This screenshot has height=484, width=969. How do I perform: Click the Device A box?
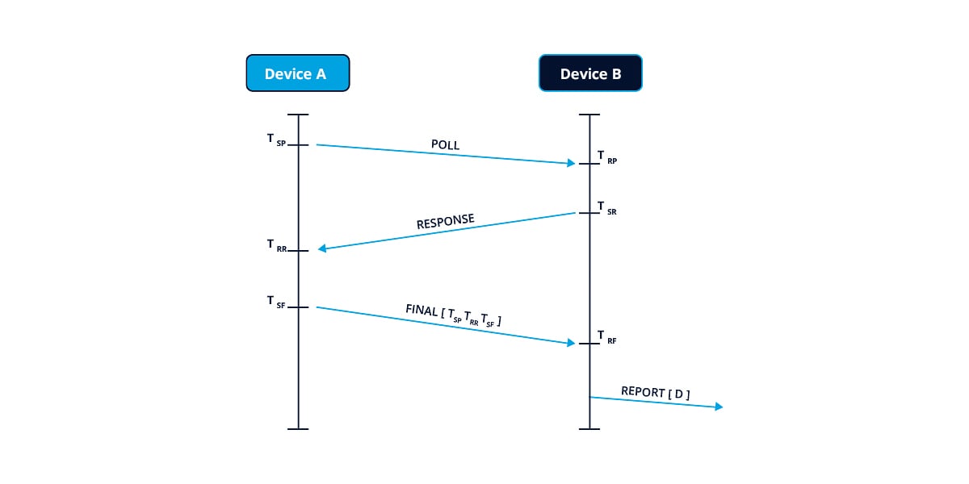point(297,73)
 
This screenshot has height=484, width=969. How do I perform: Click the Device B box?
point(590,73)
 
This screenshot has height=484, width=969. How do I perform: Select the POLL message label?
point(445,145)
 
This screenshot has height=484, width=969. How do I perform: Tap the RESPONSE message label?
point(445,222)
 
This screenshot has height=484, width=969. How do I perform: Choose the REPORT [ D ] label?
point(655,393)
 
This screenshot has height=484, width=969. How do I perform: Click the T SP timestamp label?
point(276,140)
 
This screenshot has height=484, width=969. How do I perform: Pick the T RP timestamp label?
point(607,156)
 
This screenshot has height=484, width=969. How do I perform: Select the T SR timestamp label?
point(607,207)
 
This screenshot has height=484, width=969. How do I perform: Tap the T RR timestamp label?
point(276,245)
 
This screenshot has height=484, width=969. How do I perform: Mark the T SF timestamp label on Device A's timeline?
point(276,302)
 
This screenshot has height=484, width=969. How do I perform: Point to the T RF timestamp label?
point(607,336)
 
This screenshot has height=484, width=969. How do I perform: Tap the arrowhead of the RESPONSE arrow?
point(322,248)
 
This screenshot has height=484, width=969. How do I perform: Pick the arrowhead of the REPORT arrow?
point(718,407)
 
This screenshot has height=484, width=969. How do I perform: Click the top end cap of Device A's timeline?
point(298,115)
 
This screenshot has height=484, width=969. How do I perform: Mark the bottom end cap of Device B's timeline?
point(589,428)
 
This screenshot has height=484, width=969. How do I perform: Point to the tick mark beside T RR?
point(298,251)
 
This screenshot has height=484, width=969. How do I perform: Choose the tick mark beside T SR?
point(589,213)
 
